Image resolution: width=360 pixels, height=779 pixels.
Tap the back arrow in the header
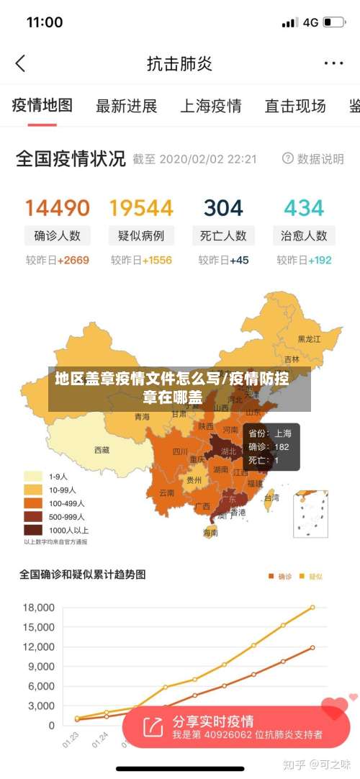(20, 63)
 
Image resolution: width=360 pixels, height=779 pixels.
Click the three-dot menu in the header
(333, 63)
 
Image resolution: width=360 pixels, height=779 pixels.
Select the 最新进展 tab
(126, 107)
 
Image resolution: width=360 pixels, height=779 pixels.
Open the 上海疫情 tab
(210, 107)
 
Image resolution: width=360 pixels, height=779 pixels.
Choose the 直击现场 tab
(295, 107)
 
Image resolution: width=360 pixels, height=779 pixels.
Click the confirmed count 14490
(58, 208)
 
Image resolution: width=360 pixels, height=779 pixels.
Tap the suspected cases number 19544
(141, 208)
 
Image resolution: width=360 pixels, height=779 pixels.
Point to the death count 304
(223, 208)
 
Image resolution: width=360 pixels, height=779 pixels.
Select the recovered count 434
(304, 208)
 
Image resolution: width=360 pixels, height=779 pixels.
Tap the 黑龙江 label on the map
(310, 338)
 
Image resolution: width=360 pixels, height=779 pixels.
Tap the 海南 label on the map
(210, 533)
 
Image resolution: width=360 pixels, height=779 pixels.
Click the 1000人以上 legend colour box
(33, 529)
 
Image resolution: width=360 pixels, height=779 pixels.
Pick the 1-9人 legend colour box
(33, 476)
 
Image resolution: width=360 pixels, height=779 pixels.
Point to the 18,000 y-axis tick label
(38, 608)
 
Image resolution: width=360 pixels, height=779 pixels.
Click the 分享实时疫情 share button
(212, 721)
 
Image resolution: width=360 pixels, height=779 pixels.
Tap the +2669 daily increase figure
(73, 260)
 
